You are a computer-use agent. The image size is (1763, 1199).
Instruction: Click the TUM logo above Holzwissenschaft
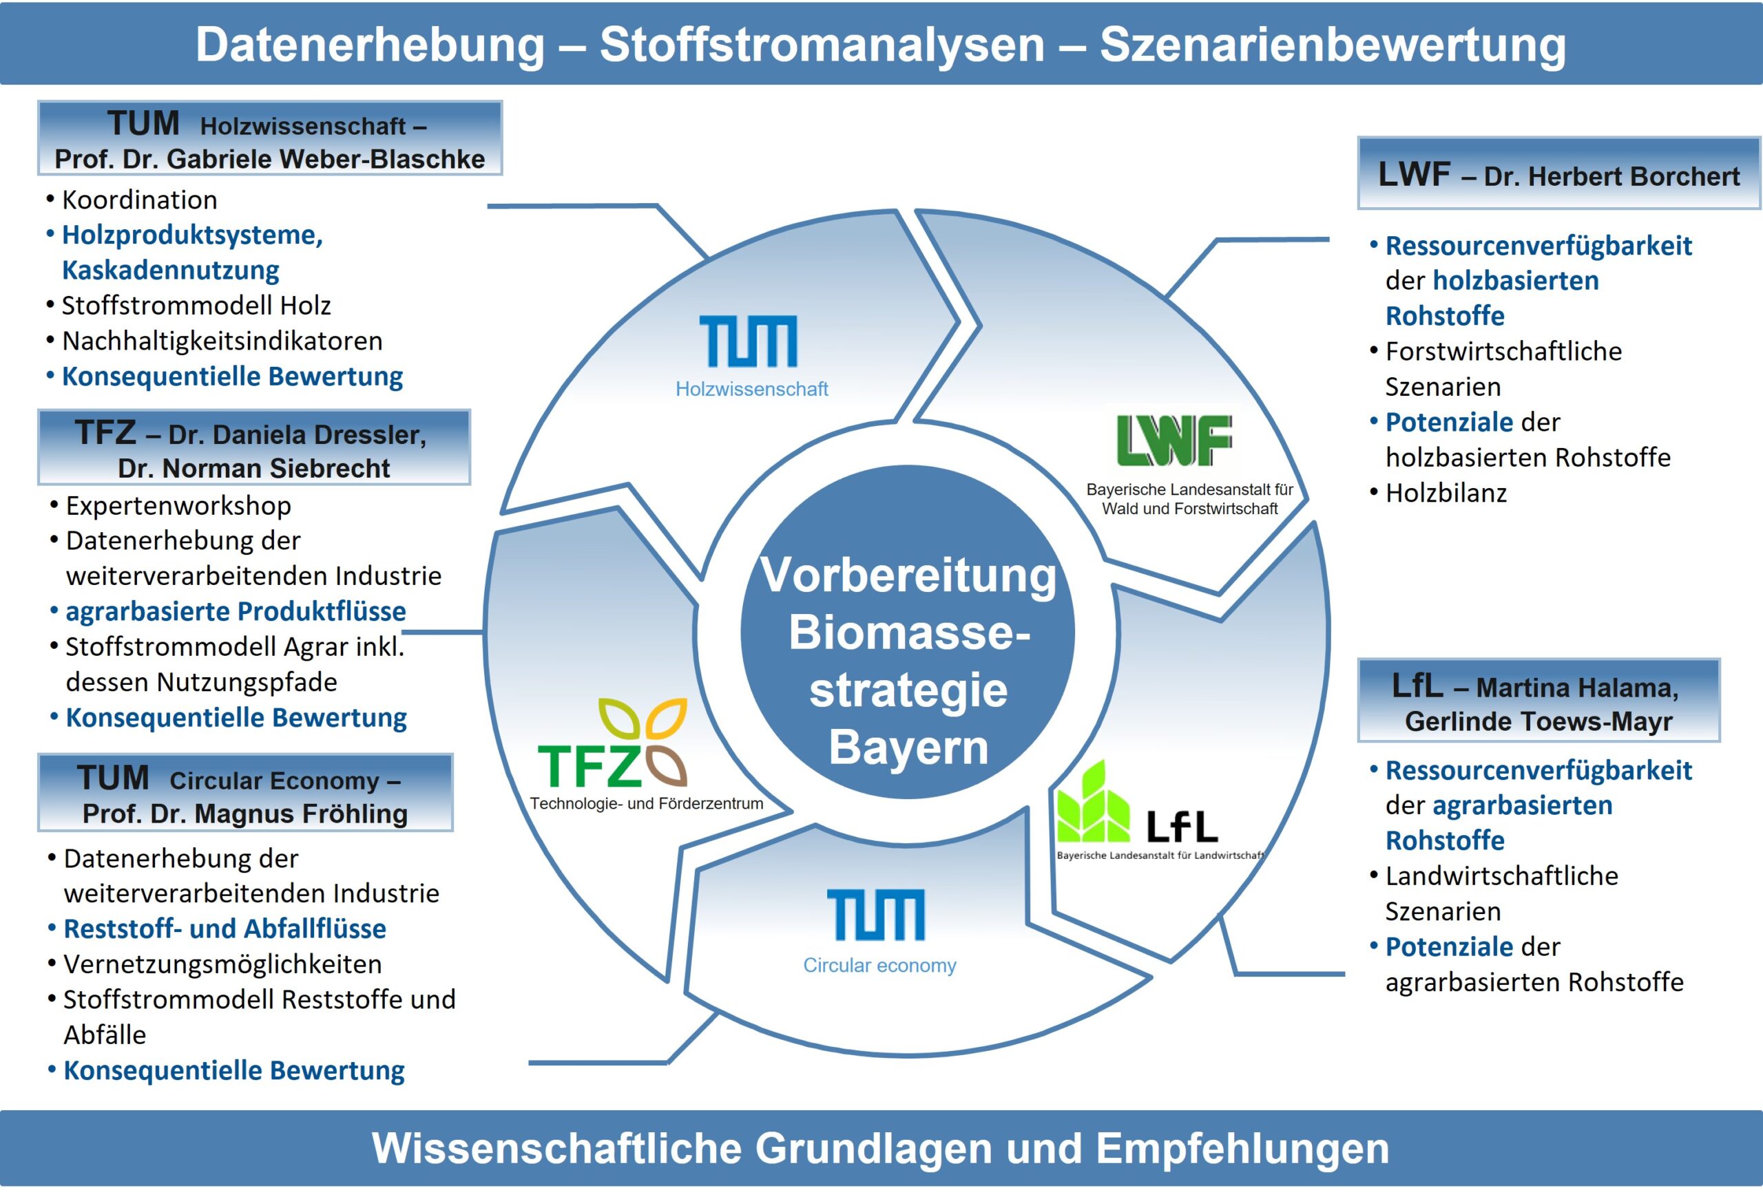coord(748,341)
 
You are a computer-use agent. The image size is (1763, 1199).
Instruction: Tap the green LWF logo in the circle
coord(1173,441)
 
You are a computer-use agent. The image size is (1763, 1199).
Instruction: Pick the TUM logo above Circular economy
coord(876,915)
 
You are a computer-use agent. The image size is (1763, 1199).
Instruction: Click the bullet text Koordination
coord(140,200)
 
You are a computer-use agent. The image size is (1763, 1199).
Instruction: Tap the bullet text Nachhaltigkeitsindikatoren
coord(222,341)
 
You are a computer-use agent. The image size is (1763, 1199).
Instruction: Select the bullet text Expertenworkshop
coord(178,506)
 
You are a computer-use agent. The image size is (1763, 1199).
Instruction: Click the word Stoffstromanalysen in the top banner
coord(822,44)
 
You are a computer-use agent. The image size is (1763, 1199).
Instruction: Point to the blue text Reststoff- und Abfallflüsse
coord(225,929)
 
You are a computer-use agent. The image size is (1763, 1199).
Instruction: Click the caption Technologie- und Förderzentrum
coord(647,804)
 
